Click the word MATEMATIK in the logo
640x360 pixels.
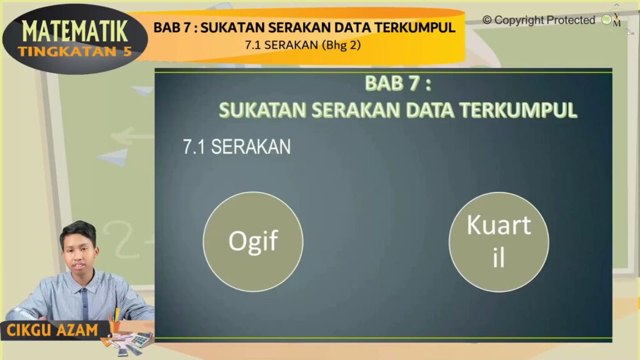[x=75, y=31]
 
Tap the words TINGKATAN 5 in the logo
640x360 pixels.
[x=75, y=51]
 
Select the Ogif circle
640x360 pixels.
[x=253, y=241]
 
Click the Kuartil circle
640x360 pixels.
[x=499, y=242]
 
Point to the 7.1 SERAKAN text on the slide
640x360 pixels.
[x=237, y=147]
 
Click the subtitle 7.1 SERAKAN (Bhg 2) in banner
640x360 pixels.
[x=303, y=45]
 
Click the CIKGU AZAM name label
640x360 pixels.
[x=52, y=330]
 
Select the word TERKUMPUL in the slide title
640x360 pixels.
[x=518, y=110]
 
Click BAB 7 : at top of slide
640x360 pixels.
[x=398, y=83]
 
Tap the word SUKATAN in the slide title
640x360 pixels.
[x=262, y=110]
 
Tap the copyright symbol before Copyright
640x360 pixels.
[x=487, y=20]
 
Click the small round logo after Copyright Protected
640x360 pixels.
[x=606, y=19]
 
